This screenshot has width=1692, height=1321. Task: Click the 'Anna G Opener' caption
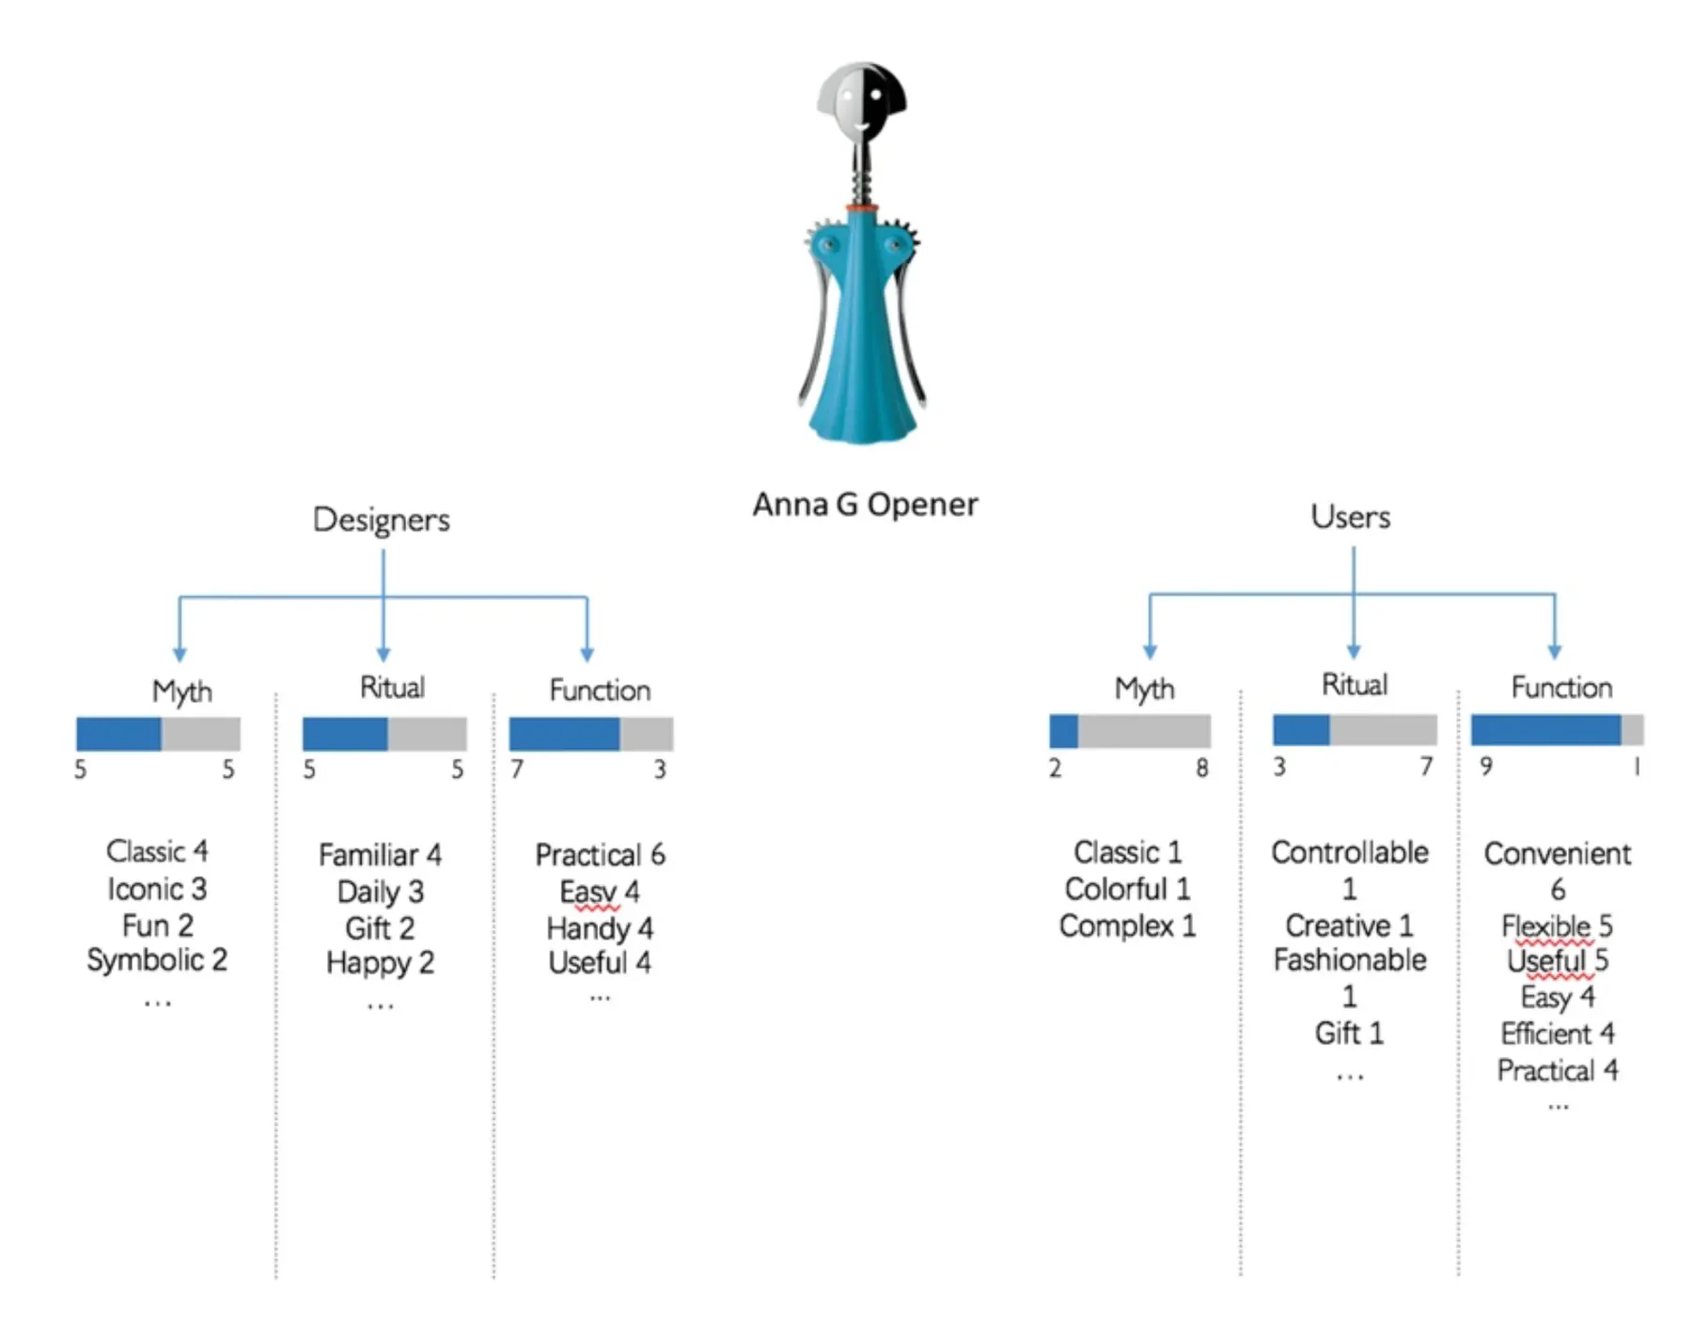coord(865,505)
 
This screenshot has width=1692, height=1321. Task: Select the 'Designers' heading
coord(381,520)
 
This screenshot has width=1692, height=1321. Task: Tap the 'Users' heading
coord(1351,517)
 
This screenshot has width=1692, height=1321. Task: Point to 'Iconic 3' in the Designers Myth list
coord(157,889)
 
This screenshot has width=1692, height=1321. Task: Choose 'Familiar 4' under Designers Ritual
coord(380,855)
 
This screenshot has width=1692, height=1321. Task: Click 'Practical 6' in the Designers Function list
coord(600,855)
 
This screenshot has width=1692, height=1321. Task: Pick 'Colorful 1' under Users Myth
coord(1127,889)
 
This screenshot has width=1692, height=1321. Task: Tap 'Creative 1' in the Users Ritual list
coord(1349,925)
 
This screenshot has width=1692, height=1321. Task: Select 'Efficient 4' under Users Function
coord(1558,1033)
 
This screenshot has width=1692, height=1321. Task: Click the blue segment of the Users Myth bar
coord(1064,731)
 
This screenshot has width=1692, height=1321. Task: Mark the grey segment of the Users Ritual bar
coord(1383,730)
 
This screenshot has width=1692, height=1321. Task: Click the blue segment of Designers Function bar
coord(564,734)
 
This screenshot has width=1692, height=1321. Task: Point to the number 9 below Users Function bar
coord(1486,767)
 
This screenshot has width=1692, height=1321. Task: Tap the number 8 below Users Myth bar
coord(1201,769)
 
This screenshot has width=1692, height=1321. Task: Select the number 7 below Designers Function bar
coord(517,769)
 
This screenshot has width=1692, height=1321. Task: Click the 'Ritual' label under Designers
coord(392,688)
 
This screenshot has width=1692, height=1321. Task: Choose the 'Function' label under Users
coord(1561,688)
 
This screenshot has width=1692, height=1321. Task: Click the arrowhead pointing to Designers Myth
coord(180,654)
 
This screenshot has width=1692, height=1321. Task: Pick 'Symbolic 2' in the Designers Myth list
coord(157,960)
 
